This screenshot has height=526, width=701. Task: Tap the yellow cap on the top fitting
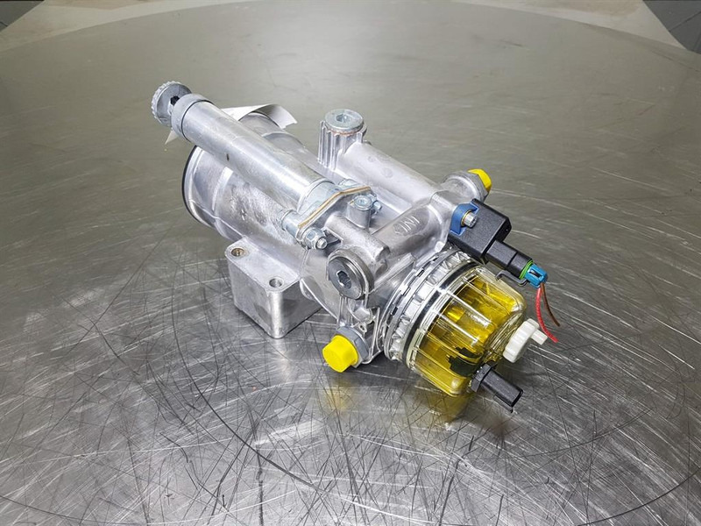pos(479,178)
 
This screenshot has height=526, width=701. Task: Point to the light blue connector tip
pos(535,274)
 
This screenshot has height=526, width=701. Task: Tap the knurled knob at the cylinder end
pos(167,99)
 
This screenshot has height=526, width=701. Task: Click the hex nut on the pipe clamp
pos(362,205)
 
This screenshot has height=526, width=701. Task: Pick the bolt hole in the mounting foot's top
pos(276,283)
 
